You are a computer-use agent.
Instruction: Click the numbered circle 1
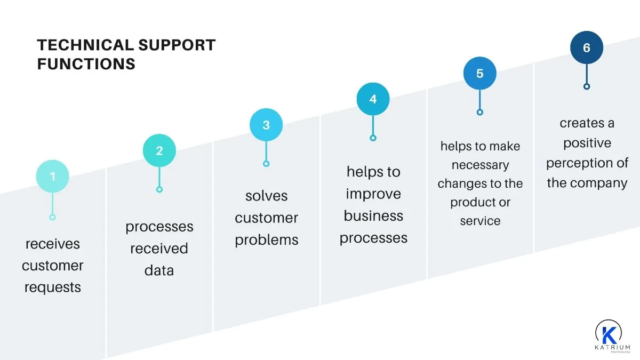click(x=52, y=176)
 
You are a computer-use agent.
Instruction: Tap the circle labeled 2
click(x=159, y=151)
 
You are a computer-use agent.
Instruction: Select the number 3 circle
click(x=266, y=125)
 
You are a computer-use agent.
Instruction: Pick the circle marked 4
click(x=373, y=99)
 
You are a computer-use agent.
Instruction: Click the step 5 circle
click(x=479, y=73)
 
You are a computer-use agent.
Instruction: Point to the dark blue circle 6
click(x=587, y=47)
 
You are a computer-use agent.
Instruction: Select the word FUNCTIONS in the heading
click(x=86, y=64)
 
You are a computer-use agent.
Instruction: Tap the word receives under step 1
click(x=52, y=244)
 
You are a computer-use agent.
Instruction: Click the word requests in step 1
click(x=52, y=287)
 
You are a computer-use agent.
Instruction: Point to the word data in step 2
click(x=159, y=270)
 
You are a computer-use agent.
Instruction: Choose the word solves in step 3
click(x=266, y=196)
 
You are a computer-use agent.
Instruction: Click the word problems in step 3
click(x=266, y=240)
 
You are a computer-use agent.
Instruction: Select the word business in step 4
click(x=373, y=215)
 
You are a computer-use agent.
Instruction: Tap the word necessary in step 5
click(x=480, y=165)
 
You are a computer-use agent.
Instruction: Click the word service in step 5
click(x=480, y=221)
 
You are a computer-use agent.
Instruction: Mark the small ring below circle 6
click(x=587, y=86)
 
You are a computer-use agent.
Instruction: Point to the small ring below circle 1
click(x=52, y=217)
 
